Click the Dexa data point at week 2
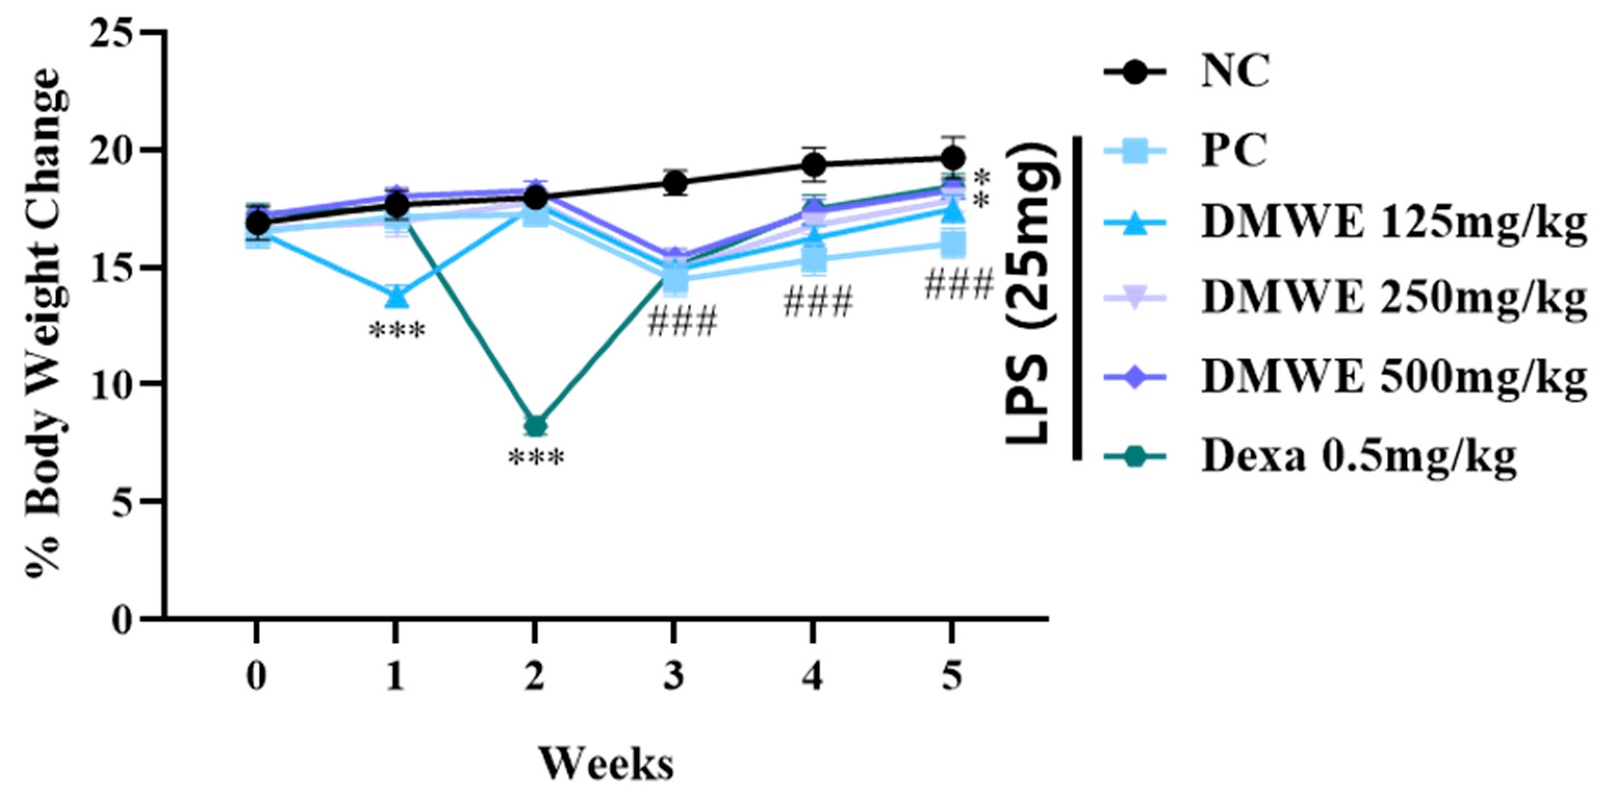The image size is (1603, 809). tap(536, 426)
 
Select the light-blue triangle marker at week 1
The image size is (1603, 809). tap(396, 297)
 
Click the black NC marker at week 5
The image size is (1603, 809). tap(952, 157)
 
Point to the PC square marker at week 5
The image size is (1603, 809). tap(953, 244)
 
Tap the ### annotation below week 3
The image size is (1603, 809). tap(683, 322)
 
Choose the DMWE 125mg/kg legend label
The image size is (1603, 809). tap(1393, 222)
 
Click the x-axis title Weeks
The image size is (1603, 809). tap(606, 764)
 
